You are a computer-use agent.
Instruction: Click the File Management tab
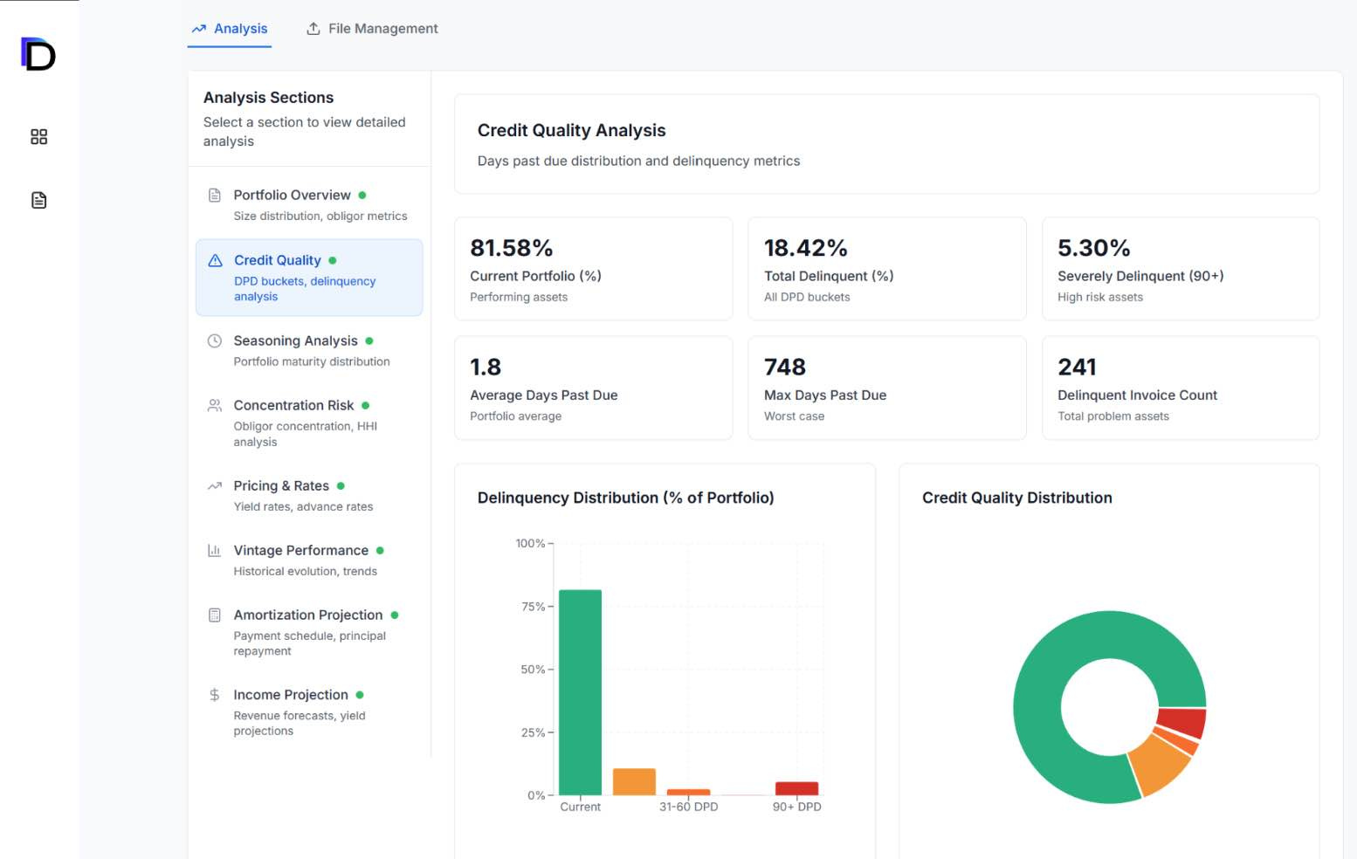[x=372, y=29]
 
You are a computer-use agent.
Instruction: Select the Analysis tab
[x=230, y=29]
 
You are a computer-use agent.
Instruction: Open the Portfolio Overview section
[x=292, y=195]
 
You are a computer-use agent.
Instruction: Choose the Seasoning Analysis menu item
[x=295, y=340]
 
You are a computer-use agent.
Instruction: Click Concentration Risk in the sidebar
[x=293, y=405]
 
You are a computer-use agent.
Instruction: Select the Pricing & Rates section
[x=280, y=485]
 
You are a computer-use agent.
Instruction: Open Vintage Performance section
[x=300, y=550]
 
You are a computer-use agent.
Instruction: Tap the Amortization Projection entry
[x=307, y=615]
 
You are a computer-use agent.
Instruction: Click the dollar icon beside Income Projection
[x=215, y=695]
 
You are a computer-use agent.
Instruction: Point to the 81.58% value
[x=511, y=248]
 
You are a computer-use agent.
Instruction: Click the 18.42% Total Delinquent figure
[x=805, y=248]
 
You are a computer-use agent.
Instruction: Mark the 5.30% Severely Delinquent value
[x=1093, y=248]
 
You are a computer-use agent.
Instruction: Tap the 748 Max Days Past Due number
[x=784, y=367]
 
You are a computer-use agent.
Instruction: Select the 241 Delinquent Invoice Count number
[x=1077, y=367]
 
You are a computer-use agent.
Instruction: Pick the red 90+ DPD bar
[x=796, y=788]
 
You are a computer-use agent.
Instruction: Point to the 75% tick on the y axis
[x=533, y=607]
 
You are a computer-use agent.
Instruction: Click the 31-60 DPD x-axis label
[x=688, y=807]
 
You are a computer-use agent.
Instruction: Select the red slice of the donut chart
[x=1182, y=722]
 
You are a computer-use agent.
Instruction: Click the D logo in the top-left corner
[x=38, y=54]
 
